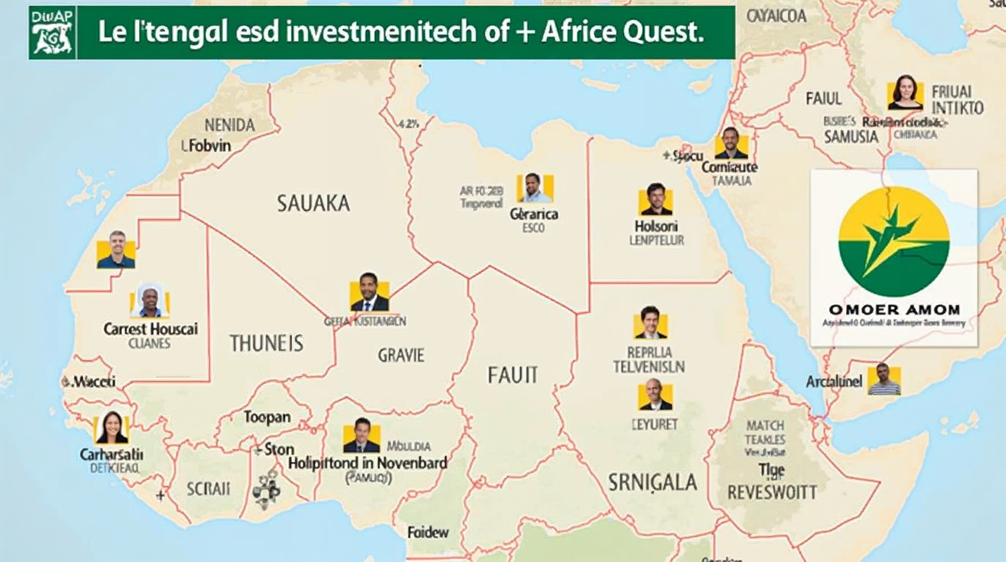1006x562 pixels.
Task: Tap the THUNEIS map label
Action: (x=266, y=343)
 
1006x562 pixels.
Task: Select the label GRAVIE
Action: (x=401, y=355)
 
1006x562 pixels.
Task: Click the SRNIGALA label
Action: (x=653, y=482)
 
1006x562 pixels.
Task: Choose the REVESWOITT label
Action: (x=772, y=492)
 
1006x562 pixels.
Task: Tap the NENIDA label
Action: (x=230, y=125)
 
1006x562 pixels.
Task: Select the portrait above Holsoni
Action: (x=656, y=200)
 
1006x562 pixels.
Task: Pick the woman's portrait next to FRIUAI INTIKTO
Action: (x=905, y=93)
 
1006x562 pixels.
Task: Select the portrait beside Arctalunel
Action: (x=884, y=380)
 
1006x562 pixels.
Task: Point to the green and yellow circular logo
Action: (x=894, y=241)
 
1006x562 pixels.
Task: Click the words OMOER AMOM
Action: (x=894, y=310)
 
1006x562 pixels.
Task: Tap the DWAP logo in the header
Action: (x=52, y=33)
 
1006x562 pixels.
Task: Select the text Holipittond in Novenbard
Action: (x=367, y=464)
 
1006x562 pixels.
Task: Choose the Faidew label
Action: (x=428, y=532)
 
